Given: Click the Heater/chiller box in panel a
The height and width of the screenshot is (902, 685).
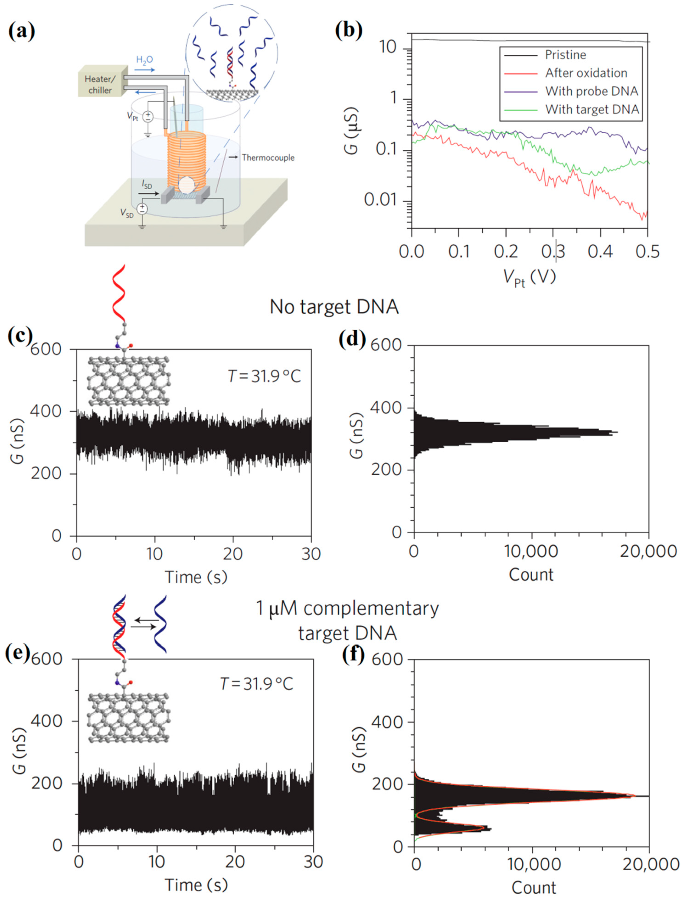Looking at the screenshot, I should tap(100, 84).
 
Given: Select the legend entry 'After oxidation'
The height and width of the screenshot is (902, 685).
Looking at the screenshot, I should tap(586, 73).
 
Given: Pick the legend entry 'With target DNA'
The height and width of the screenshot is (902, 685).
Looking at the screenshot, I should tap(592, 109).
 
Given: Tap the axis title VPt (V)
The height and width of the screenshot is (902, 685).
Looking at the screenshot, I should tap(529, 278).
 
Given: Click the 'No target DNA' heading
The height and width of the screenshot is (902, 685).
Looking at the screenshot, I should tap(334, 307).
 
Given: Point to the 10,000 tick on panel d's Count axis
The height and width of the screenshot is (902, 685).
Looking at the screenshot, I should tap(531, 551).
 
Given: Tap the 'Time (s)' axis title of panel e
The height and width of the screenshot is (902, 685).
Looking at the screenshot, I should tap(196, 885).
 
